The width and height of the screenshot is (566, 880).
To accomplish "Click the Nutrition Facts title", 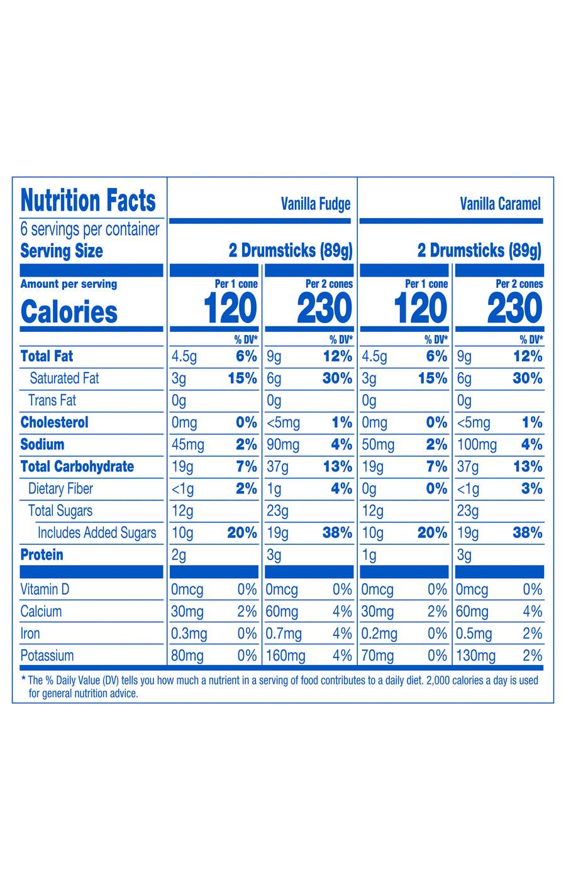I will (x=88, y=201).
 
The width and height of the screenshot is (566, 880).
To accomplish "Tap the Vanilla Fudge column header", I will (x=315, y=204).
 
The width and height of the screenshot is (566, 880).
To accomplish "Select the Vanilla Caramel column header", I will (x=500, y=204).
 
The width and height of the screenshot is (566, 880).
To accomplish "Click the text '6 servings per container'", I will (x=90, y=229).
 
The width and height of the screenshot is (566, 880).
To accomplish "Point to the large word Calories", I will (x=69, y=312).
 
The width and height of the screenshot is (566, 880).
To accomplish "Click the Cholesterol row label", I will (x=54, y=422).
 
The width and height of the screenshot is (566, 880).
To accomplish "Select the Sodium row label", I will (x=42, y=444).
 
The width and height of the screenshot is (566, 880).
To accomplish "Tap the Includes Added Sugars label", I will (x=97, y=533).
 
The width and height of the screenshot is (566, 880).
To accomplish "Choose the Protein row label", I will (x=42, y=554).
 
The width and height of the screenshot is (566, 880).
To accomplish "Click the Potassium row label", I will (x=47, y=656).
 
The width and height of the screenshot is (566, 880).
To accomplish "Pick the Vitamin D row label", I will (x=45, y=590).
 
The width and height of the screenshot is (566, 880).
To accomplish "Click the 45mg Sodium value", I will (x=187, y=445).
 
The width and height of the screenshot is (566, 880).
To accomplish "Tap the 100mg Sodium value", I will (x=476, y=445).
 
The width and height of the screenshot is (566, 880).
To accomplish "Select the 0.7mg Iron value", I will (x=284, y=634).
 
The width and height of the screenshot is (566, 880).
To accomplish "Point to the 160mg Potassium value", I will (x=286, y=656).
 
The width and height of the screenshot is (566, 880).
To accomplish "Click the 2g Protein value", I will (x=179, y=555).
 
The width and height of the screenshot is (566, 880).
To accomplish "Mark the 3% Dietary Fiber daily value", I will (x=531, y=488).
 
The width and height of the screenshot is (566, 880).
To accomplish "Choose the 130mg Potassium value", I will (x=476, y=656).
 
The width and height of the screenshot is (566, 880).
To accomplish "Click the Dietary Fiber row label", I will (x=60, y=488).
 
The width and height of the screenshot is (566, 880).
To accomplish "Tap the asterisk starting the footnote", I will (x=23, y=679).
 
